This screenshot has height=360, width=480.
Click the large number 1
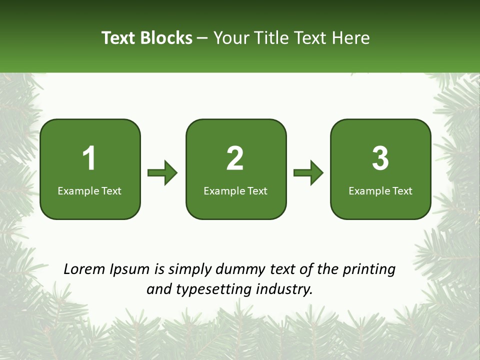pos(89,158)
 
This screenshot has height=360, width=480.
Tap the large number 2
pos(235,158)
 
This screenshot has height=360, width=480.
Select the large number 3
pos(380,158)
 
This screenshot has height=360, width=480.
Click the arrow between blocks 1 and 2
pos(162,173)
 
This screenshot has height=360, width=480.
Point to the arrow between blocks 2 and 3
pos(308,173)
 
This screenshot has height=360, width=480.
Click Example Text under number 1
pos(89,191)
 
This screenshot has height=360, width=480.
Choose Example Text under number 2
pos(235,191)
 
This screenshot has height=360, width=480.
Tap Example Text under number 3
pos(380,191)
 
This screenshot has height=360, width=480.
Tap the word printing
pos(369,270)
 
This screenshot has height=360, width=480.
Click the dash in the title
pos(202,38)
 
